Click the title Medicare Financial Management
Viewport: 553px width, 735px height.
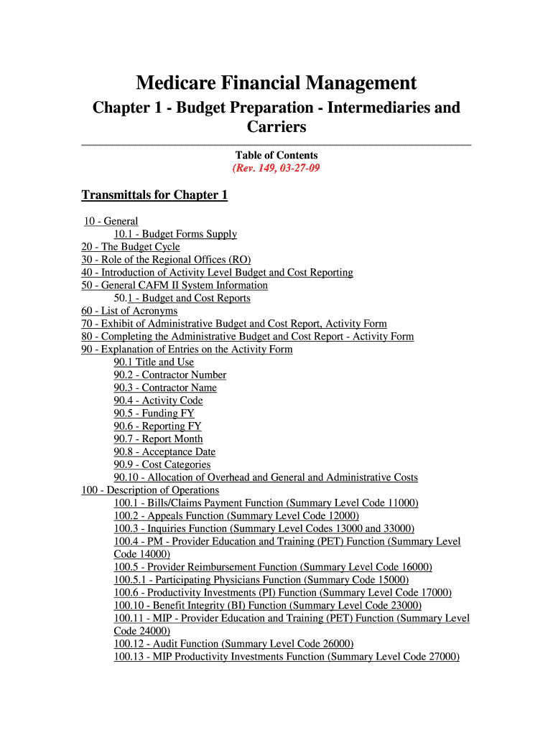(276, 83)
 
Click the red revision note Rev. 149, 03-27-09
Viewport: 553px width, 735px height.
(276, 169)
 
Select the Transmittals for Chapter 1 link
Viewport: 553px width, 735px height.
(154, 195)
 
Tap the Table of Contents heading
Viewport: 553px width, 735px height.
(276, 155)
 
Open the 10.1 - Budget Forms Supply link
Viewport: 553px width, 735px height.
(175, 234)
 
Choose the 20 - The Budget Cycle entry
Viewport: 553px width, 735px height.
(131, 247)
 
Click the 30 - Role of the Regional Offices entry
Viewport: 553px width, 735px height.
(166, 260)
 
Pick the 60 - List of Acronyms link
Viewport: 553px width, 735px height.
(129, 311)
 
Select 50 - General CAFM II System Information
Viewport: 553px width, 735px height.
(175, 285)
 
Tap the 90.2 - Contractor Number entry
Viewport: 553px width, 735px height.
(169, 375)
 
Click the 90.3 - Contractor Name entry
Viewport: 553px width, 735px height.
(165, 388)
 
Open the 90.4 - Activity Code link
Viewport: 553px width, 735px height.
(158, 401)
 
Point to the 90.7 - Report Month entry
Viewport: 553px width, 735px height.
(158, 439)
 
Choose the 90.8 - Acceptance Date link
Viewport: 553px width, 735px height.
(164, 451)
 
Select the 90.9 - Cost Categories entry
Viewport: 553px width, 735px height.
(162, 464)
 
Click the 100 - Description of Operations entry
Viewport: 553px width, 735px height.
(150, 490)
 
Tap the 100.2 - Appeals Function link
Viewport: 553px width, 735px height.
(236, 515)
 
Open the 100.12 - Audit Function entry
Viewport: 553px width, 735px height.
(233, 644)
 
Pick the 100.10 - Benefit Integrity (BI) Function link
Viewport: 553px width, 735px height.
(268, 605)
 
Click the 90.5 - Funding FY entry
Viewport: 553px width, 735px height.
(154, 413)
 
